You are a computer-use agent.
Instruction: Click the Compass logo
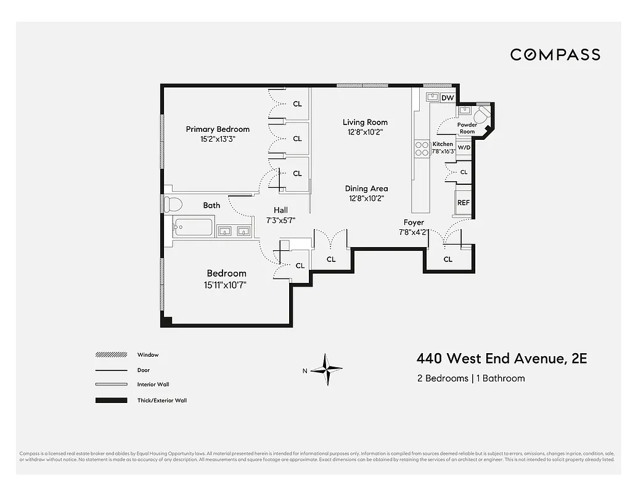555,54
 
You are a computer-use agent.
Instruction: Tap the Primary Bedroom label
218,129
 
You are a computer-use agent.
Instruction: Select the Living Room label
365,122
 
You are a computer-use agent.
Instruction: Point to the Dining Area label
366,189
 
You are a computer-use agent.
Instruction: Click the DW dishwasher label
448,98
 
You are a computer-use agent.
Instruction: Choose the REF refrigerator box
463,202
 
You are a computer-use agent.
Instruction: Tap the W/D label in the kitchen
464,147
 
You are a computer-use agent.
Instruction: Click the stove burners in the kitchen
422,149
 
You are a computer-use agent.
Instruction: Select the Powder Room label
467,128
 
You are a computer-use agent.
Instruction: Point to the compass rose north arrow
326,370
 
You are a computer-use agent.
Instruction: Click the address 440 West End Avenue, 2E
502,358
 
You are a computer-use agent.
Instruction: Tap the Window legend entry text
148,355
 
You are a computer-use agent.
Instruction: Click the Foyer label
414,222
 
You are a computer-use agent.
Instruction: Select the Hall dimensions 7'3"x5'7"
280,220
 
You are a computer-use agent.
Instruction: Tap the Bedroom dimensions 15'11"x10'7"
226,284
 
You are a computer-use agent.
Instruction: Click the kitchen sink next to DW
432,97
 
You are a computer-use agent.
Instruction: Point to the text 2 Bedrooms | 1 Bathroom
471,378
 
